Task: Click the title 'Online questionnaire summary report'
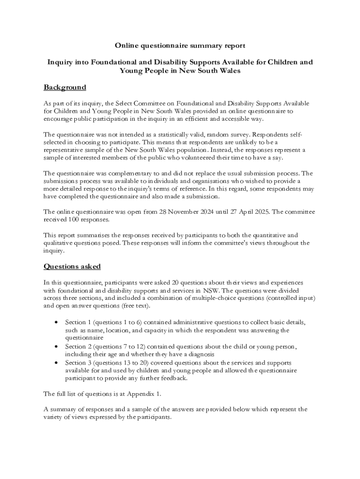(x=180, y=45)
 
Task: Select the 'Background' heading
(x=65, y=87)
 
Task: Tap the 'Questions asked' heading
(x=72, y=267)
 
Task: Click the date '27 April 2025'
(x=250, y=212)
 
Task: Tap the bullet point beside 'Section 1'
(x=56, y=323)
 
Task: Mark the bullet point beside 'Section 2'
(x=56, y=347)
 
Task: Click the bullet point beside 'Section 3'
(x=56, y=363)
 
